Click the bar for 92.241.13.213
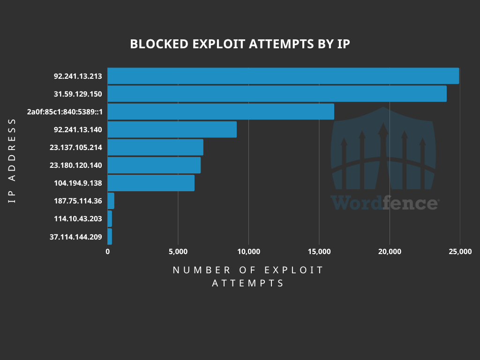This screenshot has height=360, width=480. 283,76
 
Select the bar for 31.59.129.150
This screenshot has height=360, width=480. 277,94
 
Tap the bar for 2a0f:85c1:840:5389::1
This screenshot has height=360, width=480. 221,112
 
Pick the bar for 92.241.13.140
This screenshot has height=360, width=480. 172,129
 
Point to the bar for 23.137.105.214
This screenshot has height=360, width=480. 155,147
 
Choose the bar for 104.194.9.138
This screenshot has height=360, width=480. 151,183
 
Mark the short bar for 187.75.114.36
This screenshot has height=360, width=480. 111,201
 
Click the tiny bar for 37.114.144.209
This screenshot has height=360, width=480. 110,237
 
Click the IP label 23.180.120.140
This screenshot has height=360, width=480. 75,165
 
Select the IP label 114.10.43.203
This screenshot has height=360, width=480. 78,219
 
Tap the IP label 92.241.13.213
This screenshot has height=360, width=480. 78,76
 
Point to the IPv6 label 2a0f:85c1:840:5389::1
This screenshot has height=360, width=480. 65,112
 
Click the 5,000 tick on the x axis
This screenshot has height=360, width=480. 178,252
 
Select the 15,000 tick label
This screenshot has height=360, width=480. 319,252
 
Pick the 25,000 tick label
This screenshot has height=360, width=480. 460,252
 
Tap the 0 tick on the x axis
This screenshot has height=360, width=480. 107,252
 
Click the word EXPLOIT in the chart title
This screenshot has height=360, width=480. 219,44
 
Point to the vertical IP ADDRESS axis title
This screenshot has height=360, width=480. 12,161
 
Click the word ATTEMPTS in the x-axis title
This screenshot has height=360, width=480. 248,283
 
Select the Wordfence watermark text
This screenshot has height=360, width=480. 385,202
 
